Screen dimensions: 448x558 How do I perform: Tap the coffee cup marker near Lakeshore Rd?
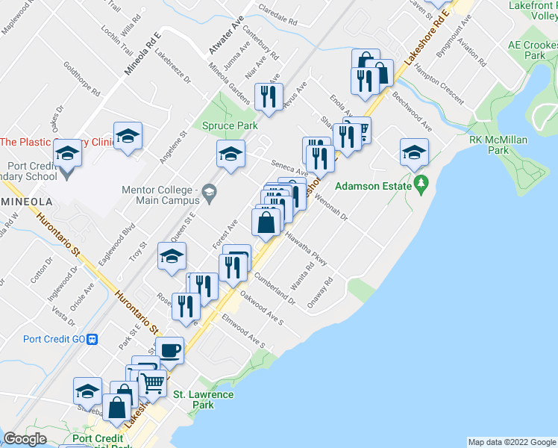pos(170,349)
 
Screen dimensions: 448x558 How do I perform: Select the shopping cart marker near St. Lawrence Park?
pos(152,382)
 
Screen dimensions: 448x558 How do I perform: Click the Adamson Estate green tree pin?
pos(422,182)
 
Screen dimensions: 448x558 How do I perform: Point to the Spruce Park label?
pos(230,126)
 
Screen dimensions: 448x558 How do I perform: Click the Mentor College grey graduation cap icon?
pos(210,194)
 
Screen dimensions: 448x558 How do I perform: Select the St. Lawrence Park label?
pos(203,399)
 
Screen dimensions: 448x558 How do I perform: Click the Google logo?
pos(25,439)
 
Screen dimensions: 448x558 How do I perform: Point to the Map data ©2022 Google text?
pos(511,442)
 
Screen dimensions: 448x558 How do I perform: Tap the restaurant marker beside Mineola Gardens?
pos(267,96)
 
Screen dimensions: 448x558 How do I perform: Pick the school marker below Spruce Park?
pos(231,154)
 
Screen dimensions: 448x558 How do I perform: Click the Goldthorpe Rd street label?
pos(82,80)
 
